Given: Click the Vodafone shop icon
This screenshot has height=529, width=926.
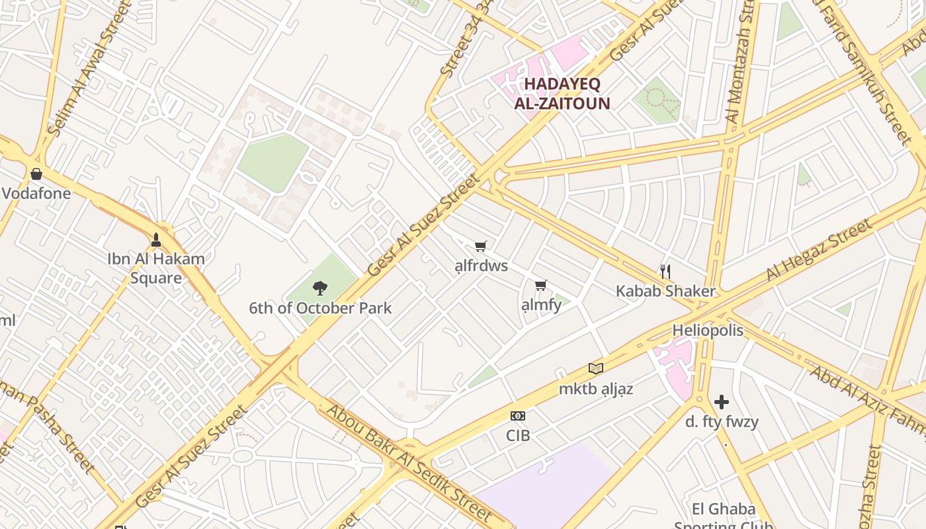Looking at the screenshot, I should coord(36,174).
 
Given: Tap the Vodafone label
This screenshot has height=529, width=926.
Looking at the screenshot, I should coord(36,194).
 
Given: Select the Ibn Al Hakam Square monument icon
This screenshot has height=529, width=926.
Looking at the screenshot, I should coord(156,239).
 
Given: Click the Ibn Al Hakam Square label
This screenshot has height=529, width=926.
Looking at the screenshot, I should coord(156,268).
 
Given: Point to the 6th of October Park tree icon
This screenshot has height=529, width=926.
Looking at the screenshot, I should coord(320,288).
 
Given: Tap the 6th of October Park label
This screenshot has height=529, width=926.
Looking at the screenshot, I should coord(320,308).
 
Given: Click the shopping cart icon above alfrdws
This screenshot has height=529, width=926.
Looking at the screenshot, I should coord(481,246).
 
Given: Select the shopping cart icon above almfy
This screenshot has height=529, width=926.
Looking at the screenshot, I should coord(541,285).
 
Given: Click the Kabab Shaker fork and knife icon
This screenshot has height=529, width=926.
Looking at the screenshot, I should coord(665,271).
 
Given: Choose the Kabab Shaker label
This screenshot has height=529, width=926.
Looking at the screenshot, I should coord(665,291).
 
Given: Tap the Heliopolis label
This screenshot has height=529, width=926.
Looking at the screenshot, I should coord(708,330).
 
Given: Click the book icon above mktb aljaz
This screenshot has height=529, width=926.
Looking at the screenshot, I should coord(596,368).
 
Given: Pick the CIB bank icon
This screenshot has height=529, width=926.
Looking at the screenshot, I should coord(518,416).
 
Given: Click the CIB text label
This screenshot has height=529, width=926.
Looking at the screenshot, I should coord(518,436).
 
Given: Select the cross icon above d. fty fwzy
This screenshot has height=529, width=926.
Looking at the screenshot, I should coord(722,401).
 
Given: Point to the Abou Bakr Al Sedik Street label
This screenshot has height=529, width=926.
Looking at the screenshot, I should coord(410,463).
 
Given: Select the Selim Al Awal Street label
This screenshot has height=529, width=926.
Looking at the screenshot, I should coord(81,76).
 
